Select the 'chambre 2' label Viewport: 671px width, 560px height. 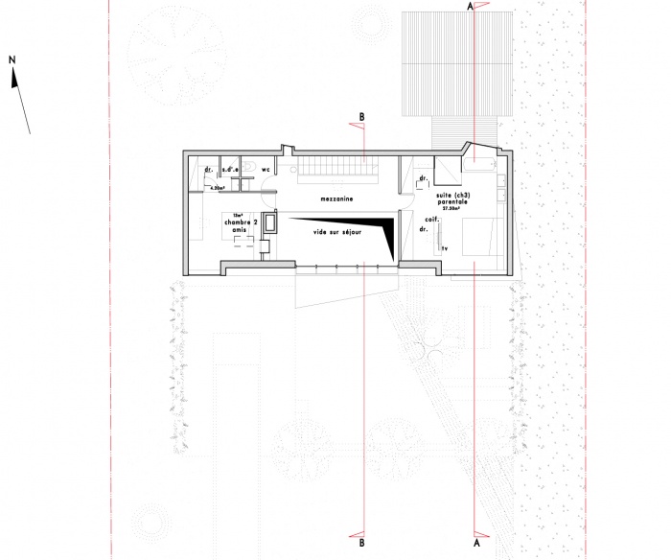[241, 222]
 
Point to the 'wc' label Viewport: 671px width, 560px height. [267, 170]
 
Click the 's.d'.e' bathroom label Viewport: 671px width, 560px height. [231, 171]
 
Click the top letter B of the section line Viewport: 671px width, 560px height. [361, 117]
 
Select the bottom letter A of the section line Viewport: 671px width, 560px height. [475, 542]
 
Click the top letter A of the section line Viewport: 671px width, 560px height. [470, 7]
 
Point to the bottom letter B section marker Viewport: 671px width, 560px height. [361, 542]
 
